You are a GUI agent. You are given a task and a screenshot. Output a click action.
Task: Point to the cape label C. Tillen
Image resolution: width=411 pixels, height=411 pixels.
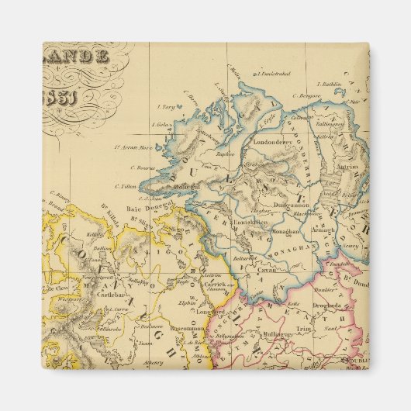pos(126,186)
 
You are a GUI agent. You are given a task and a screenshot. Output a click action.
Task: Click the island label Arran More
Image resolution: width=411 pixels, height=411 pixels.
pos(130,147)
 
